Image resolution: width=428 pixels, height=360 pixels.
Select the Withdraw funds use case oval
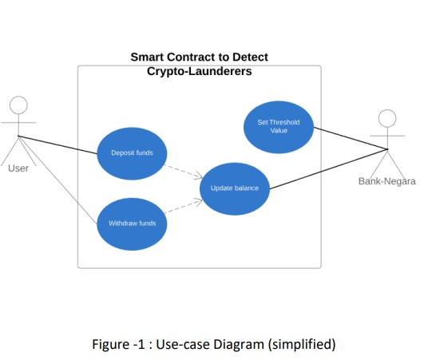(x=132, y=223)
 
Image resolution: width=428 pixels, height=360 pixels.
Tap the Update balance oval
(x=234, y=188)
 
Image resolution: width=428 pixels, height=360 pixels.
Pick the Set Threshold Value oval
(x=278, y=126)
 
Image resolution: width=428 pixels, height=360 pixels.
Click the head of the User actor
(x=18, y=105)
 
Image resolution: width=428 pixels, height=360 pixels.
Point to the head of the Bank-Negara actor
(x=386, y=119)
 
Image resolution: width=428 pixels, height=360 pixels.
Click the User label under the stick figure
(x=18, y=168)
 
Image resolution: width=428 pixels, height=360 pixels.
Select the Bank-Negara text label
(x=386, y=181)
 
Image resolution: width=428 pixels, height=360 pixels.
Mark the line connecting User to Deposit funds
(x=57, y=144)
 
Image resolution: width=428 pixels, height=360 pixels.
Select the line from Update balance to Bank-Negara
(x=327, y=169)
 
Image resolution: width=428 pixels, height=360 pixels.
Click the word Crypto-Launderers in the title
(x=199, y=71)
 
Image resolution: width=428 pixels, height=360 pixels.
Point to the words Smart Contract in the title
(x=173, y=57)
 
